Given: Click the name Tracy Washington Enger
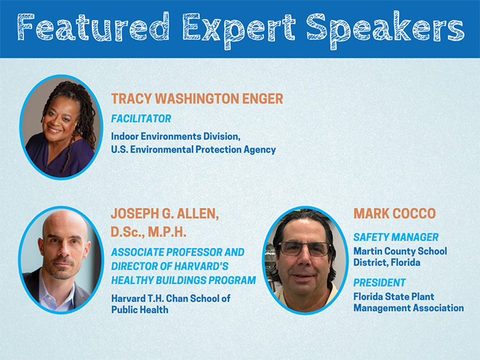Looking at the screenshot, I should [x=197, y=99].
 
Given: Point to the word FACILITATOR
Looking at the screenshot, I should [x=141, y=119].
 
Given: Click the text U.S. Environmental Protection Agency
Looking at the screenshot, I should [x=193, y=149].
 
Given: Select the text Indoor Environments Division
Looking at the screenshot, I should [x=176, y=136].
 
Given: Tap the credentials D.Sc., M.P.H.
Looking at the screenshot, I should [x=152, y=232].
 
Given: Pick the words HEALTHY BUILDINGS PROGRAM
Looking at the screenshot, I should [x=183, y=280].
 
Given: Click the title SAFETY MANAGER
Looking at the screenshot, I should [x=396, y=237].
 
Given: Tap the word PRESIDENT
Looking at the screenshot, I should [x=379, y=283].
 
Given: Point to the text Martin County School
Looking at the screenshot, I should [x=400, y=251].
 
